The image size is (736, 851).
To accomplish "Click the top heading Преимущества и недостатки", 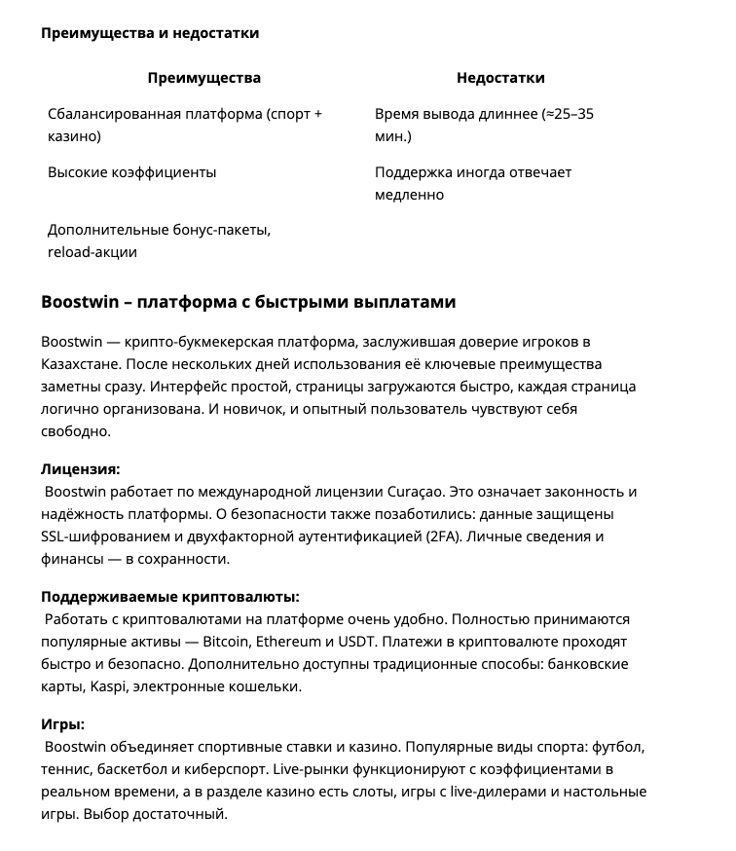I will pyautogui.click(x=150, y=33).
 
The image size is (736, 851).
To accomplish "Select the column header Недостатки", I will pyautogui.click(x=500, y=78).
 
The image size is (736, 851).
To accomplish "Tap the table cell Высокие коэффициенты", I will pyautogui.click(x=132, y=172).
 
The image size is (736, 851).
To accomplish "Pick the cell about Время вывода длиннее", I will pyautogui.click(x=484, y=126).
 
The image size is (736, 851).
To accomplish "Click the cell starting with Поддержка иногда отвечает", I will pyautogui.click(x=473, y=183).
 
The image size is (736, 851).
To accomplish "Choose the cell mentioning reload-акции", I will pyautogui.click(x=159, y=240).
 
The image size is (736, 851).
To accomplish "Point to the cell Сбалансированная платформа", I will pyautogui.click(x=185, y=126).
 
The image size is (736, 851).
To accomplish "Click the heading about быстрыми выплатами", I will pyautogui.click(x=248, y=302).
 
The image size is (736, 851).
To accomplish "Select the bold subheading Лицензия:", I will pyautogui.click(x=81, y=468).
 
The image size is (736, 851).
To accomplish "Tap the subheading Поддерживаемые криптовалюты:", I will pyautogui.click(x=170, y=596).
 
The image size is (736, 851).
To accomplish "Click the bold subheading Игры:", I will pyautogui.click(x=63, y=723).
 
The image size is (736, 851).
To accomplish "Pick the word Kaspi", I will pyautogui.click(x=107, y=685).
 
